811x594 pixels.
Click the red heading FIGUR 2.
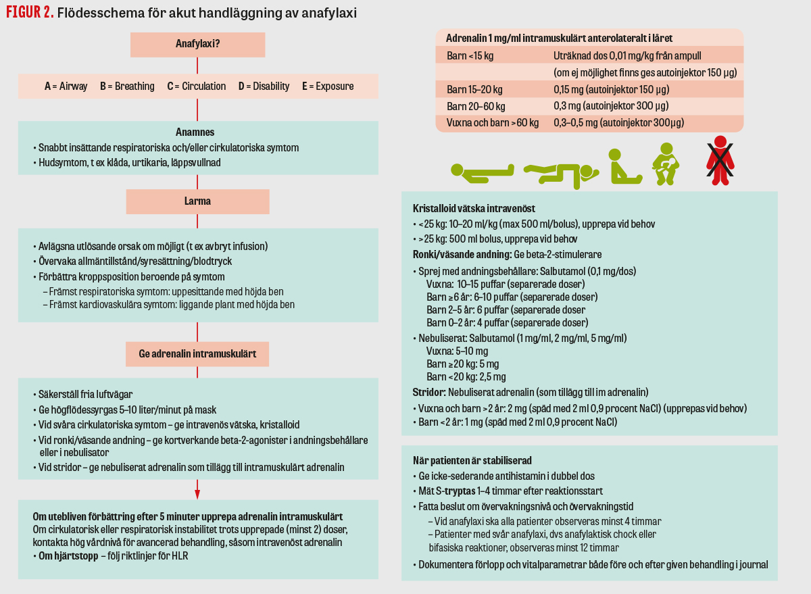coord(30,13)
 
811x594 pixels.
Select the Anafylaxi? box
coord(197,45)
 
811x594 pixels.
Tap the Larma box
coord(197,201)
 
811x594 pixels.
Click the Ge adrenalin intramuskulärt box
coord(197,353)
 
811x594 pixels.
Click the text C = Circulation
coord(197,86)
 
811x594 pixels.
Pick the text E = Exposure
coord(328,86)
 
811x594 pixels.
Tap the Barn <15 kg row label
coord(470,55)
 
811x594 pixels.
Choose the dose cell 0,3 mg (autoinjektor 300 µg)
coord(611,106)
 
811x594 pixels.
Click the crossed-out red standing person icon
coord(720,160)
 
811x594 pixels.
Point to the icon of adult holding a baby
coord(666,164)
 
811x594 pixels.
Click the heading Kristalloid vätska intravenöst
coord(474,209)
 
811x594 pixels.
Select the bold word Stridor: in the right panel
coord(428,392)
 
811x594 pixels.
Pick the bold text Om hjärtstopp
coord(64,556)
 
